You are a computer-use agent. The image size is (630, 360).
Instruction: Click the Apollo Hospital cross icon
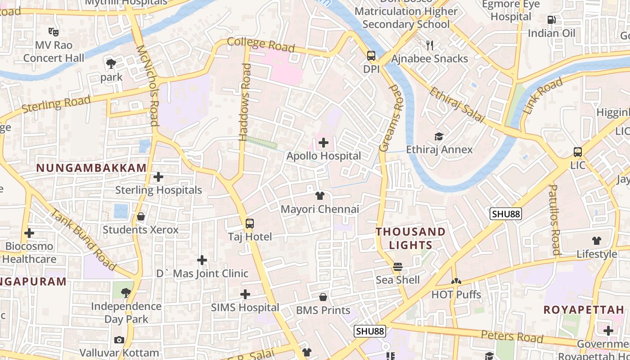323,143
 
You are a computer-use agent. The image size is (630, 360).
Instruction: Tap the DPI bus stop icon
371,56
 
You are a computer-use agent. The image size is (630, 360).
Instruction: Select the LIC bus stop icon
578,152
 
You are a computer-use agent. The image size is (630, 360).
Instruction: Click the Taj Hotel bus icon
249,223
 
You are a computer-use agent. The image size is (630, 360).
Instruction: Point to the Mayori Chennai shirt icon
320,196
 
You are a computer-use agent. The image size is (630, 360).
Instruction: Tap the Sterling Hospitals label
158,190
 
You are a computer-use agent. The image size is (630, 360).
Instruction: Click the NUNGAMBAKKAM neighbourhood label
91,168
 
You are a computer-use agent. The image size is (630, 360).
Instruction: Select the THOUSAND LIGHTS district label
410,238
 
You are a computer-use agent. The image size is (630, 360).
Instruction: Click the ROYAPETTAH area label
584,310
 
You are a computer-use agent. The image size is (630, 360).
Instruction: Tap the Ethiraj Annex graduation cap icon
439,136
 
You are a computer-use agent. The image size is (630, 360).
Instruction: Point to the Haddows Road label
246,102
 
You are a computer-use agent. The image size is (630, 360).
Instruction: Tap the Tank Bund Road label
84,239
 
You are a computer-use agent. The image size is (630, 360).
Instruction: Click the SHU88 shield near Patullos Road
506,214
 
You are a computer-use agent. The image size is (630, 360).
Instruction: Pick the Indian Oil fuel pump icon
551,20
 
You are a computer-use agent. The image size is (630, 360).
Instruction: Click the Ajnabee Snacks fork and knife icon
430,45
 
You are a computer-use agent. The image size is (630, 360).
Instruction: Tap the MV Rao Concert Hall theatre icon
54,31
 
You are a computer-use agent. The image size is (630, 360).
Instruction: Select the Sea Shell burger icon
398,267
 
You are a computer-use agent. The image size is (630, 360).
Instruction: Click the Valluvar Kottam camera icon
119,340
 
